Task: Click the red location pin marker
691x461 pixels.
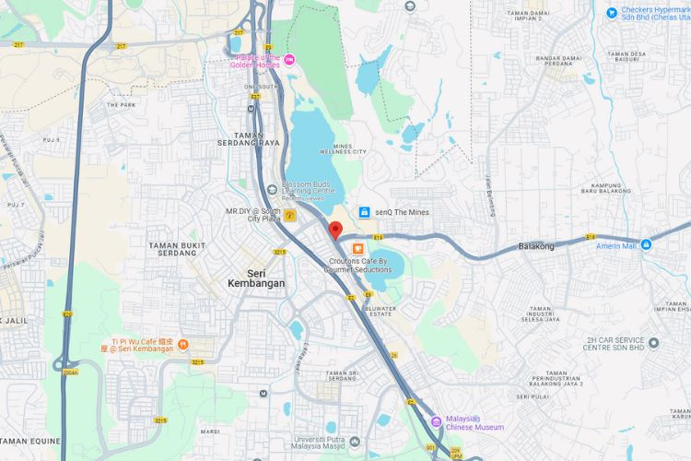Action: tap(335, 230)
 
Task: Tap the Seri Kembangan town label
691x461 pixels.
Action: tap(255, 277)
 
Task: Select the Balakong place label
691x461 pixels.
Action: tap(536, 246)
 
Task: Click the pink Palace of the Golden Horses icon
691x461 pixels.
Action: tap(290, 60)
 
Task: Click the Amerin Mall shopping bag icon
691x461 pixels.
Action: tap(646, 244)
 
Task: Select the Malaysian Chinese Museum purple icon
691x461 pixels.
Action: tap(436, 422)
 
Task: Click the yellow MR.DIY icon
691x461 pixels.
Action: tap(290, 216)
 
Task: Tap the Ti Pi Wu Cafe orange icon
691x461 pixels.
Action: tap(183, 344)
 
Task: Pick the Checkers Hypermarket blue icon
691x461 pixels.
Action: tap(611, 12)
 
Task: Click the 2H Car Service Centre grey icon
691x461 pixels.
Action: tap(653, 343)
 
